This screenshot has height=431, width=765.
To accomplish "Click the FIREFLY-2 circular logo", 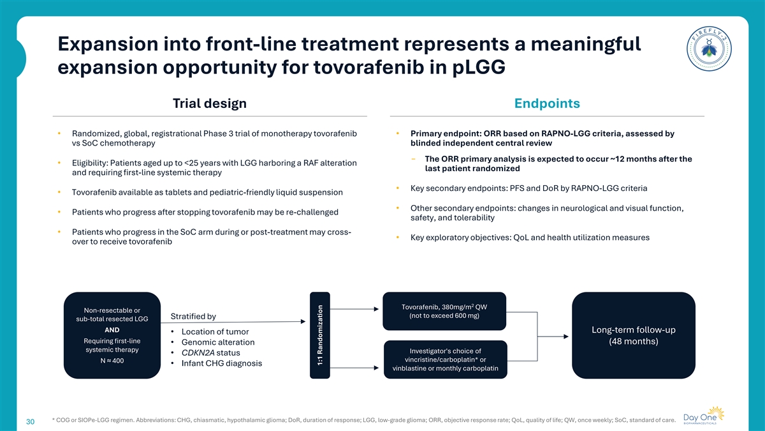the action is click(x=709, y=49).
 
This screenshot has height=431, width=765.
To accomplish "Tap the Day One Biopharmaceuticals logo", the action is click(x=704, y=415).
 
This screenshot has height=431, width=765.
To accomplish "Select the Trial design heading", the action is click(x=210, y=103).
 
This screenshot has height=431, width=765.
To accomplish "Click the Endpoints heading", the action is click(x=547, y=103).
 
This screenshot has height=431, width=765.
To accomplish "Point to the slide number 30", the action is click(x=31, y=421).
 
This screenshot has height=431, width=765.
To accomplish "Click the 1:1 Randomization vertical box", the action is click(x=320, y=335).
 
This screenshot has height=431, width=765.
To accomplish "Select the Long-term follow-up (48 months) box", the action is click(x=634, y=335).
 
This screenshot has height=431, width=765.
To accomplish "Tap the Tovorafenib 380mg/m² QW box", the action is click(x=444, y=311).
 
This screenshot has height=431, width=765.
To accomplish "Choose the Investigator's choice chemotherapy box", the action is click(x=446, y=359).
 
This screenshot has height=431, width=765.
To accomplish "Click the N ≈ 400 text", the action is click(x=112, y=361).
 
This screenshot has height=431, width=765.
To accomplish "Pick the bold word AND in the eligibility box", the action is click(x=112, y=329).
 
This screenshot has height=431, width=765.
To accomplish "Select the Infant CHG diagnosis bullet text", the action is click(x=222, y=363).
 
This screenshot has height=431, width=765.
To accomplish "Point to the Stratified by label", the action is click(x=193, y=317).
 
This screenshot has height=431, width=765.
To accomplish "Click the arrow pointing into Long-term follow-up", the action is click(x=553, y=336).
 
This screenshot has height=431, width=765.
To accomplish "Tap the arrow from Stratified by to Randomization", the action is click(x=233, y=322).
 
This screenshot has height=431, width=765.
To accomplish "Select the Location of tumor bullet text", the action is click(x=215, y=332).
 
